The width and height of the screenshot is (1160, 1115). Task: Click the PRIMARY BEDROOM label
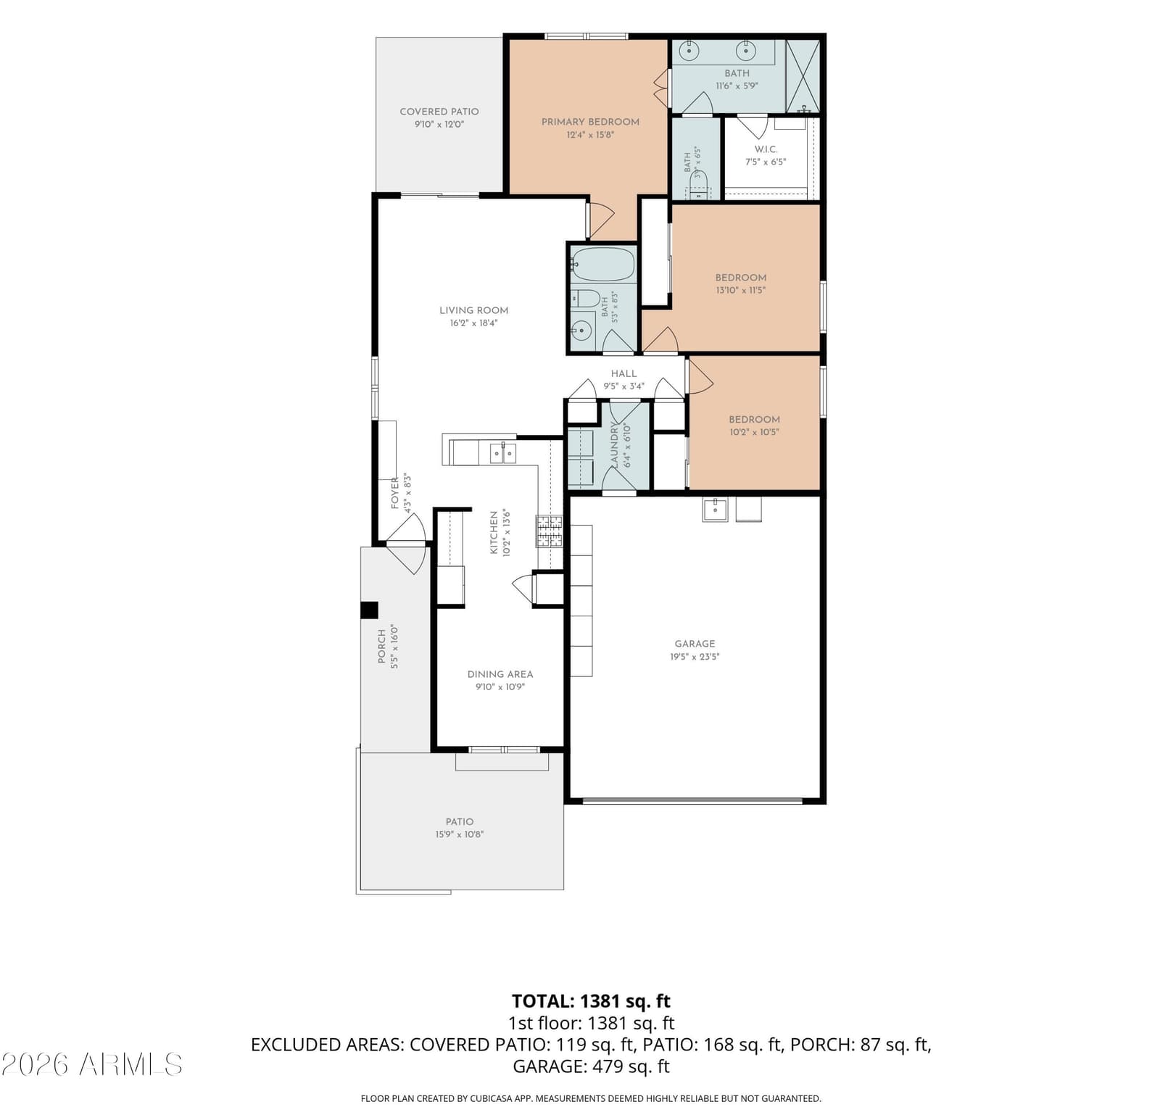[590, 122]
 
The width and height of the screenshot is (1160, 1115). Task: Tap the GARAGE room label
[695, 644]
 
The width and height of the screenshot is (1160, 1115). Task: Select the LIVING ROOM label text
[473, 310]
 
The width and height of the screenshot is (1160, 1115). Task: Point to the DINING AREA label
[500, 674]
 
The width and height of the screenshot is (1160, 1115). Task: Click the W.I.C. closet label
[766, 149]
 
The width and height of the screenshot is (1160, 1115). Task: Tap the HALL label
[623, 374]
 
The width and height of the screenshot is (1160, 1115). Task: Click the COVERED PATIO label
[439, 112]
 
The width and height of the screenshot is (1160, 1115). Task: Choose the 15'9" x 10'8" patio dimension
[460, 834]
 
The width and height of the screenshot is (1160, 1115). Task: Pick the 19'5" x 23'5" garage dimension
[695, 657]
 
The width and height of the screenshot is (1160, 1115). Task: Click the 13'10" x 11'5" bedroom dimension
[741, 290]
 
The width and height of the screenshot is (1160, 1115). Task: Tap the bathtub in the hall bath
[603, 265]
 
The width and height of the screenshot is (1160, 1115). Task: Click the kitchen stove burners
[549, 531]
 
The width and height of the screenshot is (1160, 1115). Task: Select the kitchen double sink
[503, 453]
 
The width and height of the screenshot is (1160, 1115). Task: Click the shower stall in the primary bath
[803, 76]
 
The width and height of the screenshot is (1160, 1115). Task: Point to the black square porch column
[369, 610]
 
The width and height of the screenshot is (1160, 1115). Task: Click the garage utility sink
[714, 509]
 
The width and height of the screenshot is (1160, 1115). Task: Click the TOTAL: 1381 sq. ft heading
[591, 1001]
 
